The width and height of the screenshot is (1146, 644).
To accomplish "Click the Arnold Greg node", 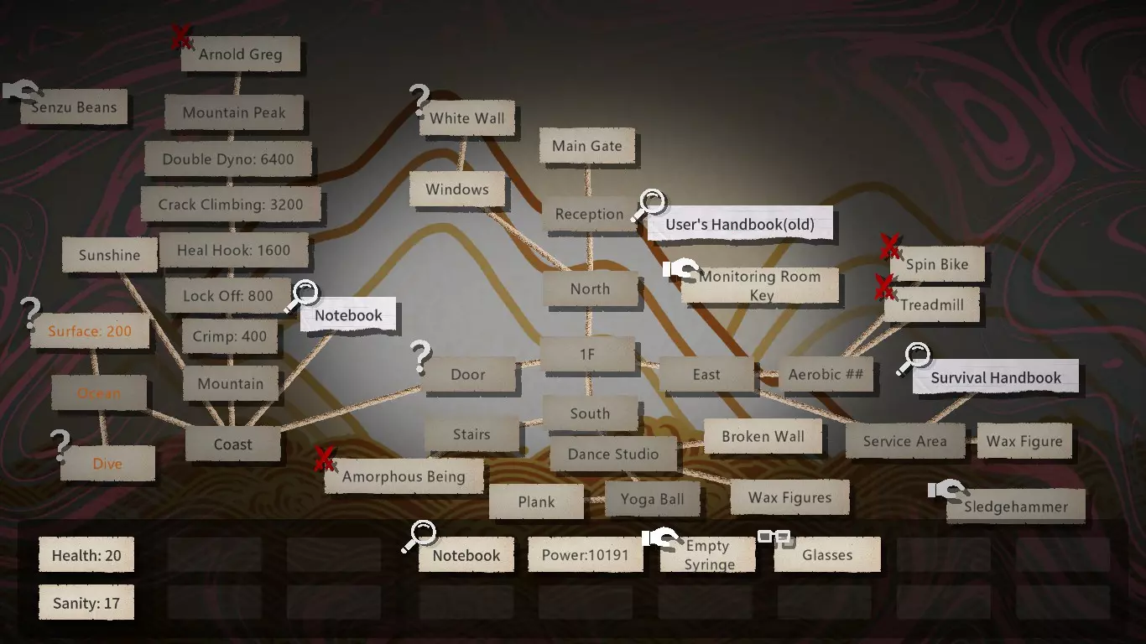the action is [241, 54].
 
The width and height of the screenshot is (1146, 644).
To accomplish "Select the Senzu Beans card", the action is [74, 106].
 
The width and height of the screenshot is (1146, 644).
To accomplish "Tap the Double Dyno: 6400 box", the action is [228, 159].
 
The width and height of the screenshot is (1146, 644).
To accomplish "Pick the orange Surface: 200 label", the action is [90, 331].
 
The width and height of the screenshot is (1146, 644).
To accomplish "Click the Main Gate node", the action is [587, 146].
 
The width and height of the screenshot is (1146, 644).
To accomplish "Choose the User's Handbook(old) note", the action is [740, 224].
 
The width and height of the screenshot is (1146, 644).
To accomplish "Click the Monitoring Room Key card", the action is [760, 285].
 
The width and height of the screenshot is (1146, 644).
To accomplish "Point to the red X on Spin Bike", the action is [890, 247].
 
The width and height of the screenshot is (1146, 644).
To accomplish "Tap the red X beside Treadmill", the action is [884, 287].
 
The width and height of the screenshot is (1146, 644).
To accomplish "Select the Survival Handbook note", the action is [996, 377].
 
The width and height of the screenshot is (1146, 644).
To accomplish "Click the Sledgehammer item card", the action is [1015, 506].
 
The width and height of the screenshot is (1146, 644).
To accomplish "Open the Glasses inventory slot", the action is [827, 554].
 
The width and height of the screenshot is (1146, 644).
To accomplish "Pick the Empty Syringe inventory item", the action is [708, 554].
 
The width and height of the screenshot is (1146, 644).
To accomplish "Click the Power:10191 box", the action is [586, 554].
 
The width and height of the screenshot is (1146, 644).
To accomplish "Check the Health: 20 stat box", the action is [86, 554].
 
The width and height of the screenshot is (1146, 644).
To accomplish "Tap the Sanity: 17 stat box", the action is [86, 603].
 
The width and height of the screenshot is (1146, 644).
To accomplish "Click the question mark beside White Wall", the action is [419, 100].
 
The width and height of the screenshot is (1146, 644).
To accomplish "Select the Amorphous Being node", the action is [404, 476].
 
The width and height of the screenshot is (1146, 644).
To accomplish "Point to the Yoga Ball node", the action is [653, 499].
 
